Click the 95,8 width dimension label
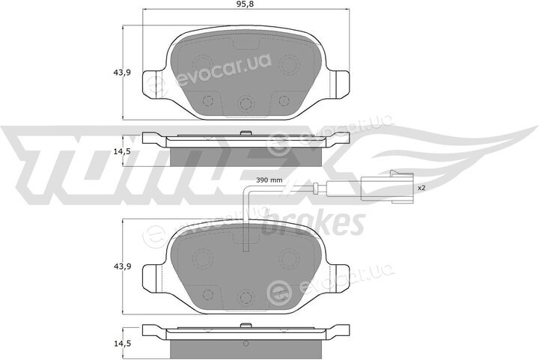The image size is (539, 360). (246, 4)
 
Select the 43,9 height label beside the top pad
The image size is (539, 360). (122, 73)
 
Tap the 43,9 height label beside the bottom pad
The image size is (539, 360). (122, 266)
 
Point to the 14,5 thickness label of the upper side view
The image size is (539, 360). (122, 151)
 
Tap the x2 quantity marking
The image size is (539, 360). (421, 188)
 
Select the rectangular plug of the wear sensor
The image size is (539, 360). (388, 187)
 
